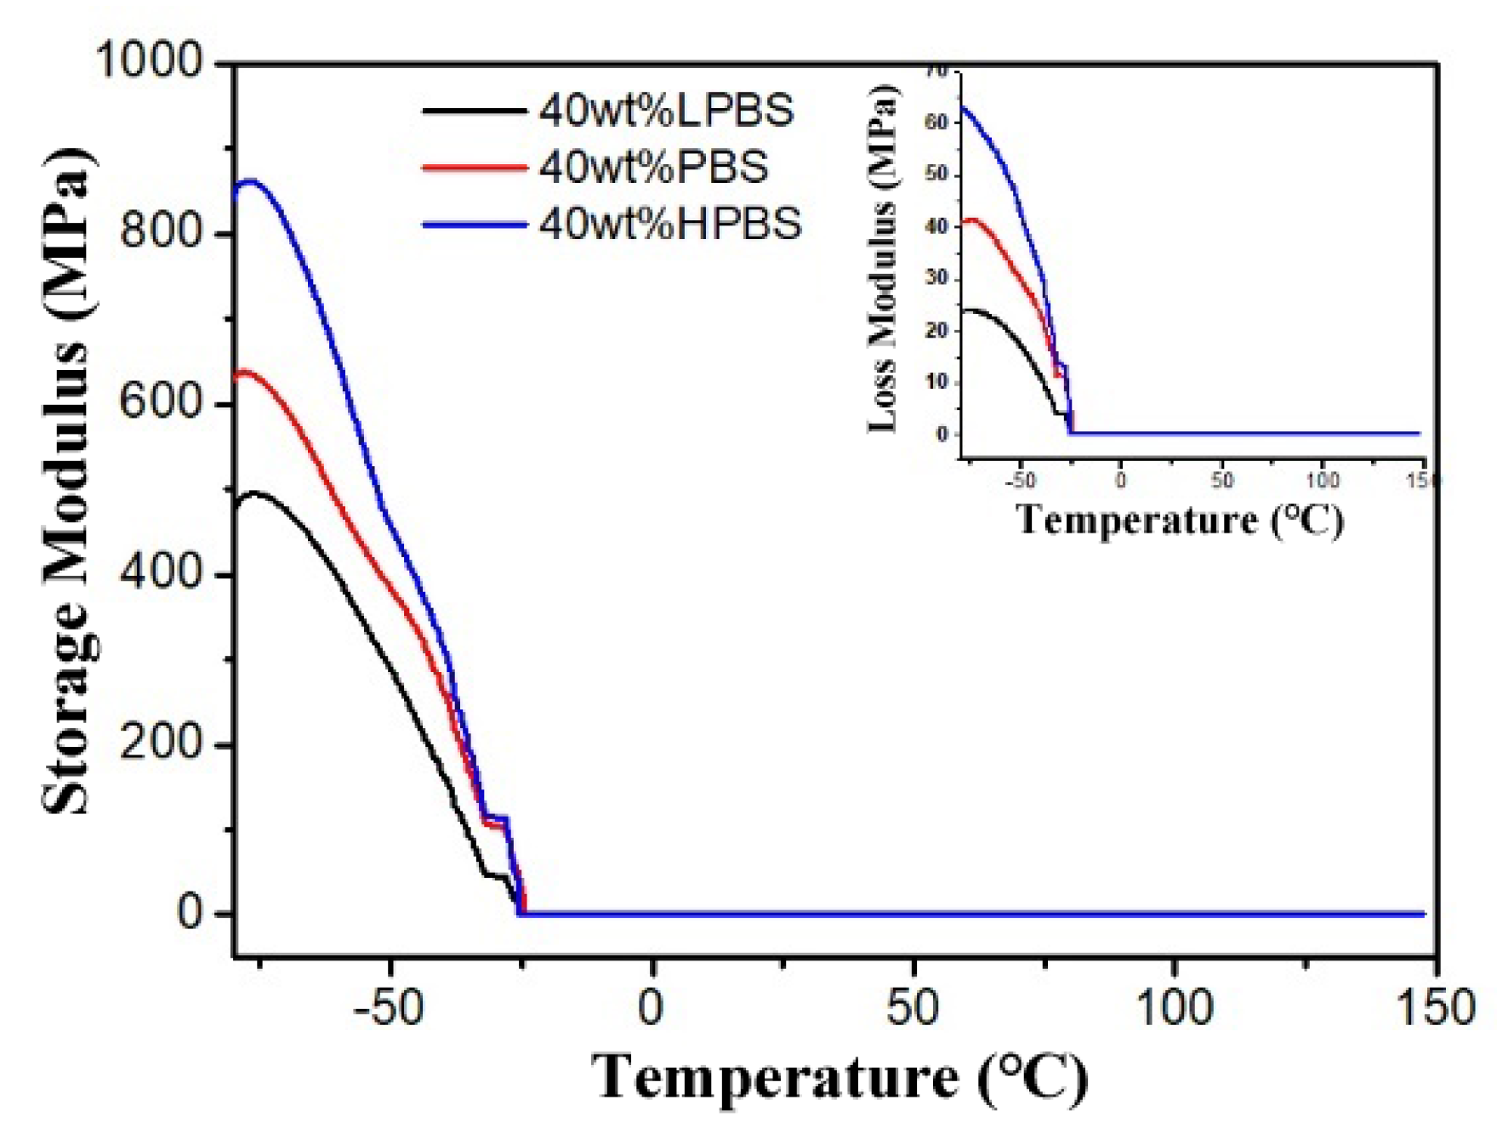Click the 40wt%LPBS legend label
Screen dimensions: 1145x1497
click(x=666, y=111)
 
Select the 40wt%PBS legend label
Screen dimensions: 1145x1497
click(x=653, y=167)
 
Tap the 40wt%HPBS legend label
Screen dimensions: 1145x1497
click(x=670, y=224)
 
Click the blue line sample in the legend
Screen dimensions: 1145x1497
click(x=474, y=225)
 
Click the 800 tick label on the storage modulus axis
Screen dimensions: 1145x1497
click(x=162, y=232)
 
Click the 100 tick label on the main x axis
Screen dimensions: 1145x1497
click(x=1175, y=1009)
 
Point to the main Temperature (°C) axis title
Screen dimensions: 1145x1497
click(x=838, y=1079)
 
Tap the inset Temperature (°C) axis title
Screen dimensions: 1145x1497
click(x=1180, y=520)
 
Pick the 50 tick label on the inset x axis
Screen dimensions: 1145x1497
click(x=1221, y=481)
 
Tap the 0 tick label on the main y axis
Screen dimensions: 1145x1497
click(x=191, y=914)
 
